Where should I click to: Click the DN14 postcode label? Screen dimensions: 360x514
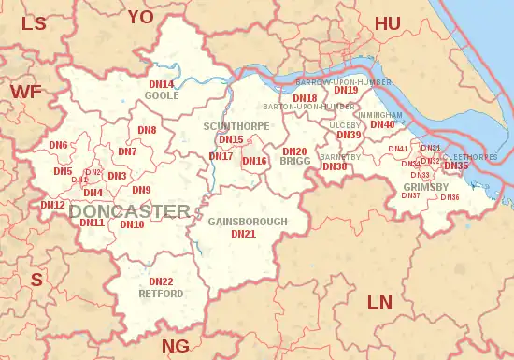162,84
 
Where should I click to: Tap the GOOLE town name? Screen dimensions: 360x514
162,95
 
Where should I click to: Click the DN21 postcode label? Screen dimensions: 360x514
243,233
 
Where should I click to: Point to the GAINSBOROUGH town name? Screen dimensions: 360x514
243,222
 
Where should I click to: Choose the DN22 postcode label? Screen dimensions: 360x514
161,281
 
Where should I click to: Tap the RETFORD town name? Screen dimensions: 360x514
161,292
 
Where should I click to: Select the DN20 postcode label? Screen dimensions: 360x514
294,151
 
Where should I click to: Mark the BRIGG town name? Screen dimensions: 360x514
294,162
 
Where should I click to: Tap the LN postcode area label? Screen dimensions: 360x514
379,302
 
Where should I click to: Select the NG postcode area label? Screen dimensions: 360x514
176,346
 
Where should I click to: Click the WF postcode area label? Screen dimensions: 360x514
26,91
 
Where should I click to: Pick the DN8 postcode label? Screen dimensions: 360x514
147,130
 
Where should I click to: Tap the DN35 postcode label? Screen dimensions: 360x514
456,166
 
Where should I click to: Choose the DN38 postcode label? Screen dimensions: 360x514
335,166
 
